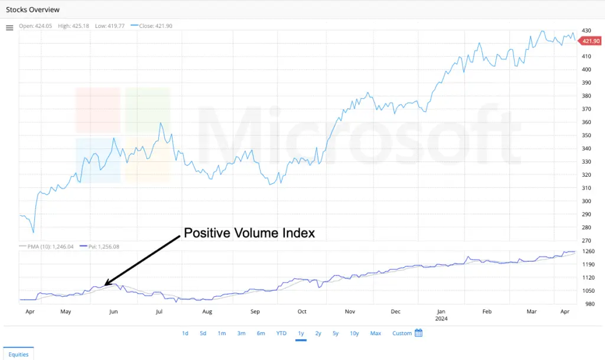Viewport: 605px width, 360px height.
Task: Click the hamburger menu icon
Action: (9, 28)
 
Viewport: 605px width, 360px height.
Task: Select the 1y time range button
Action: (301, 333)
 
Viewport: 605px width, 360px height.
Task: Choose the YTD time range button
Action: (281, 333)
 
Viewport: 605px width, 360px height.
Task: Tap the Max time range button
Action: (375, 333)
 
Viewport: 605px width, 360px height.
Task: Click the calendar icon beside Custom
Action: (418, 333)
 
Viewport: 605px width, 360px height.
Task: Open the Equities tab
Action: (19, 354)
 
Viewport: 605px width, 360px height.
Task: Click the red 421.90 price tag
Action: (591, 41)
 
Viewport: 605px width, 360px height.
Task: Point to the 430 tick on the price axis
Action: (586, 30)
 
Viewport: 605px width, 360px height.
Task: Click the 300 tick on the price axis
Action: (586, 201)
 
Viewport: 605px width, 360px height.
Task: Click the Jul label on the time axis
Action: (160, 311)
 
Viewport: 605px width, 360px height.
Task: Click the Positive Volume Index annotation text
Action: (249, 233)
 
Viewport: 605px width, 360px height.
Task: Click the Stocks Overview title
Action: (32, 10)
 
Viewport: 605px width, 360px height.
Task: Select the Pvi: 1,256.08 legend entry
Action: (101, 247)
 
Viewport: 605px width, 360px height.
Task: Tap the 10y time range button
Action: (354, 333)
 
